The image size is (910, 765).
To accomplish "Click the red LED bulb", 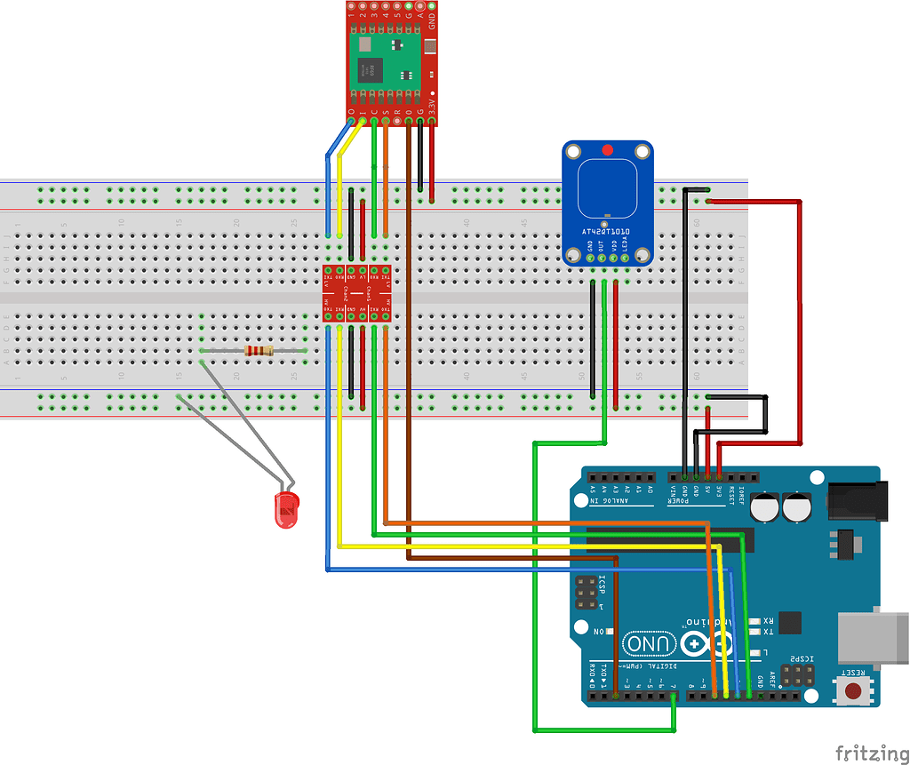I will [286, 510].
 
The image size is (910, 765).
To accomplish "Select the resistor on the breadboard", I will [259, 351].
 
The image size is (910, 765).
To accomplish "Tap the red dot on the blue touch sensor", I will [607, 150].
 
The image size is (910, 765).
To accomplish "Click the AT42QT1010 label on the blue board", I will [606, 231].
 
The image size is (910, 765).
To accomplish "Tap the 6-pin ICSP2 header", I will [796, 674].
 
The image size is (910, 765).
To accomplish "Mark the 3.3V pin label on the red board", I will [433, 108].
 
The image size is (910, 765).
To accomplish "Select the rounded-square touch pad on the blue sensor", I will [607, 187].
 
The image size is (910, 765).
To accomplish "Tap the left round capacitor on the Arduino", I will [765, 508].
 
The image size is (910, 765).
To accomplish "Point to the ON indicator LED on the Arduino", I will [611, 631].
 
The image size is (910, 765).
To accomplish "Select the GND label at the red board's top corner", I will [432, 20].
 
